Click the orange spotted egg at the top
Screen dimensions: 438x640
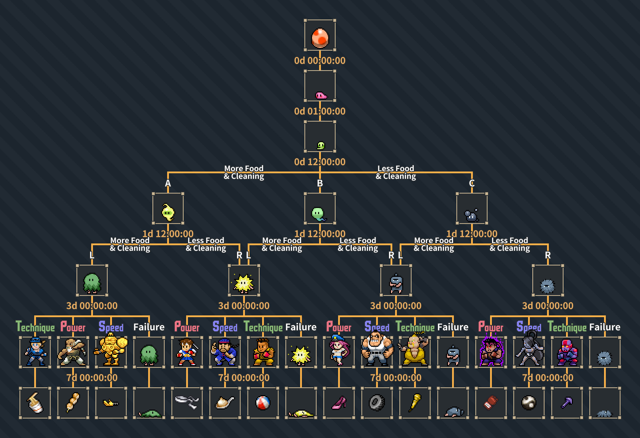[320, 38]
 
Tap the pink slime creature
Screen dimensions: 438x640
[321, 96]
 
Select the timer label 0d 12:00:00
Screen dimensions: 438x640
[320, 162]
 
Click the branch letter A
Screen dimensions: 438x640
[168, 183]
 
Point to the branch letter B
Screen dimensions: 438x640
[320, 183]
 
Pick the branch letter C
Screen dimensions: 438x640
[472, 183]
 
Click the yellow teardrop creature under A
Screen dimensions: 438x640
[168, 212]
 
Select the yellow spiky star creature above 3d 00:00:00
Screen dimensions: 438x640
[244, 283]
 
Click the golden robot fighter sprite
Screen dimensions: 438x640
[111, 349]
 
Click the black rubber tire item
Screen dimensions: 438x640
[377, 403]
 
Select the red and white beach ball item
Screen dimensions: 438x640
[263, 403]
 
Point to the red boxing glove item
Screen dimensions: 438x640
[491, 403]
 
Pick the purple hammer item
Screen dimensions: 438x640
[567, 403]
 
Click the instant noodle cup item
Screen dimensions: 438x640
[35, 403]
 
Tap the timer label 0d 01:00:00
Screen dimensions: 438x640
[320, 111]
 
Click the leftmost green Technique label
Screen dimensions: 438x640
[35, 327]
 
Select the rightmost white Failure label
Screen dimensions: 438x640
[605, 327]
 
